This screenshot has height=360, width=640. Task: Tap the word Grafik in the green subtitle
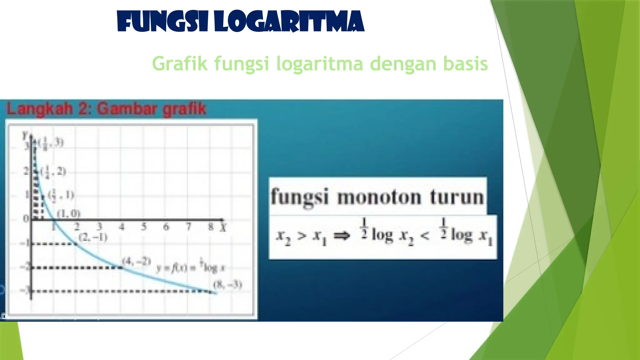tap(180, 63)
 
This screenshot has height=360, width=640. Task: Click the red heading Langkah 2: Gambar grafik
tap(106, 109)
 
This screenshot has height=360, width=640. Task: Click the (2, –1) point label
tap(93, 237)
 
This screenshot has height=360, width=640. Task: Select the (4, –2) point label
tap(137, 261)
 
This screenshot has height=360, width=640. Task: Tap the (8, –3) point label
tap(227, 285)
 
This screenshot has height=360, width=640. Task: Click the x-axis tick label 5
tap(144, 227)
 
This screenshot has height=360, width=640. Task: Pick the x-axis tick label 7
tap(188, 227)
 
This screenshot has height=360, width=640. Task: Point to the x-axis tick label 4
tap(122, 227)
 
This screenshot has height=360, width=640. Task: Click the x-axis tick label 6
tap(166, 227)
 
